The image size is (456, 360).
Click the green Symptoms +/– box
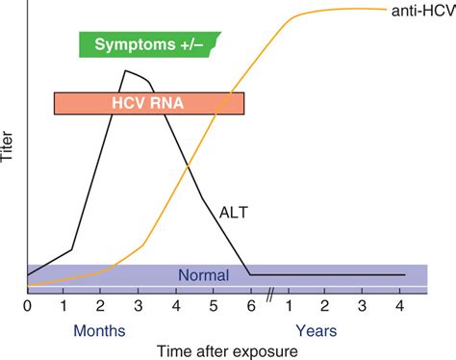(150, 44)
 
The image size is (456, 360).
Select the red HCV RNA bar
(149, 103)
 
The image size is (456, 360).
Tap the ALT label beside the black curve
(234, 213)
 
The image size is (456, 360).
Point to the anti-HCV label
(423, 12)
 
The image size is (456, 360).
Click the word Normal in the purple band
(204, 275)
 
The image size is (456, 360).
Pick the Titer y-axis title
(7, 146)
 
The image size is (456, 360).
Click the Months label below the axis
(99, 331)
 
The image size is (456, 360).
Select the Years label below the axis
(317, 331)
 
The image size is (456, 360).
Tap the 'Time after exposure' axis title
(227, 351)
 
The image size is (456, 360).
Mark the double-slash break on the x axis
(270, 295)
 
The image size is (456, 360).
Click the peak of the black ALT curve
(125, 70)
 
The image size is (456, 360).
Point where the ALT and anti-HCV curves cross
(188, 167)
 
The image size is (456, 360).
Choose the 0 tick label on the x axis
(27, 306)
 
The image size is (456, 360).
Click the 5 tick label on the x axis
(214, 306)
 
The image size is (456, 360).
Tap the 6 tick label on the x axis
(251, 306)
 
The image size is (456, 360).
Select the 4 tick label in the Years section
(399, 306)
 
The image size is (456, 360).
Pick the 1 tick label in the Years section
(289, 306)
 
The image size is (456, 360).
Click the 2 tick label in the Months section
(100, 306)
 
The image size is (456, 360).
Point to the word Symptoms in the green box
(135, 45)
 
